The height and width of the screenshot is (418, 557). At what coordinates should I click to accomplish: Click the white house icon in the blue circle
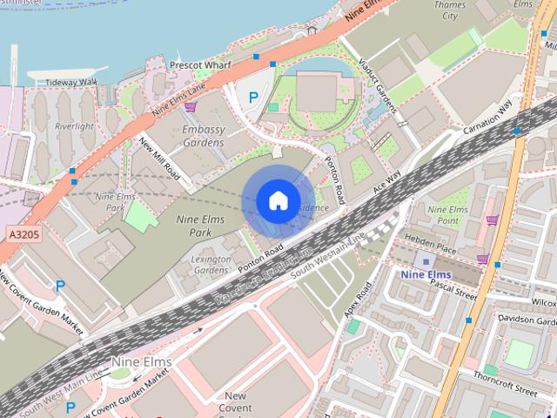(x=278, y=201)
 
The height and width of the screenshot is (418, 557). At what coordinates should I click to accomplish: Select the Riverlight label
(x=74, y=126)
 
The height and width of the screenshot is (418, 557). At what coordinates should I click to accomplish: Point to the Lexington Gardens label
(x=211, y=265)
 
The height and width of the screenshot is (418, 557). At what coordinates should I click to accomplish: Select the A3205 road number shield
(x=23, y=234)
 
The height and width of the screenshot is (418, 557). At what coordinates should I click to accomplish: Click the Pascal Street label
(x=453, y=290)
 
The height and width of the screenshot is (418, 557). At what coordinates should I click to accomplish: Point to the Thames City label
(x=450, y=10)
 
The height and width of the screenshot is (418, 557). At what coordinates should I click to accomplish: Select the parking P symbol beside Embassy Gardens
(x=253, y=98)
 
